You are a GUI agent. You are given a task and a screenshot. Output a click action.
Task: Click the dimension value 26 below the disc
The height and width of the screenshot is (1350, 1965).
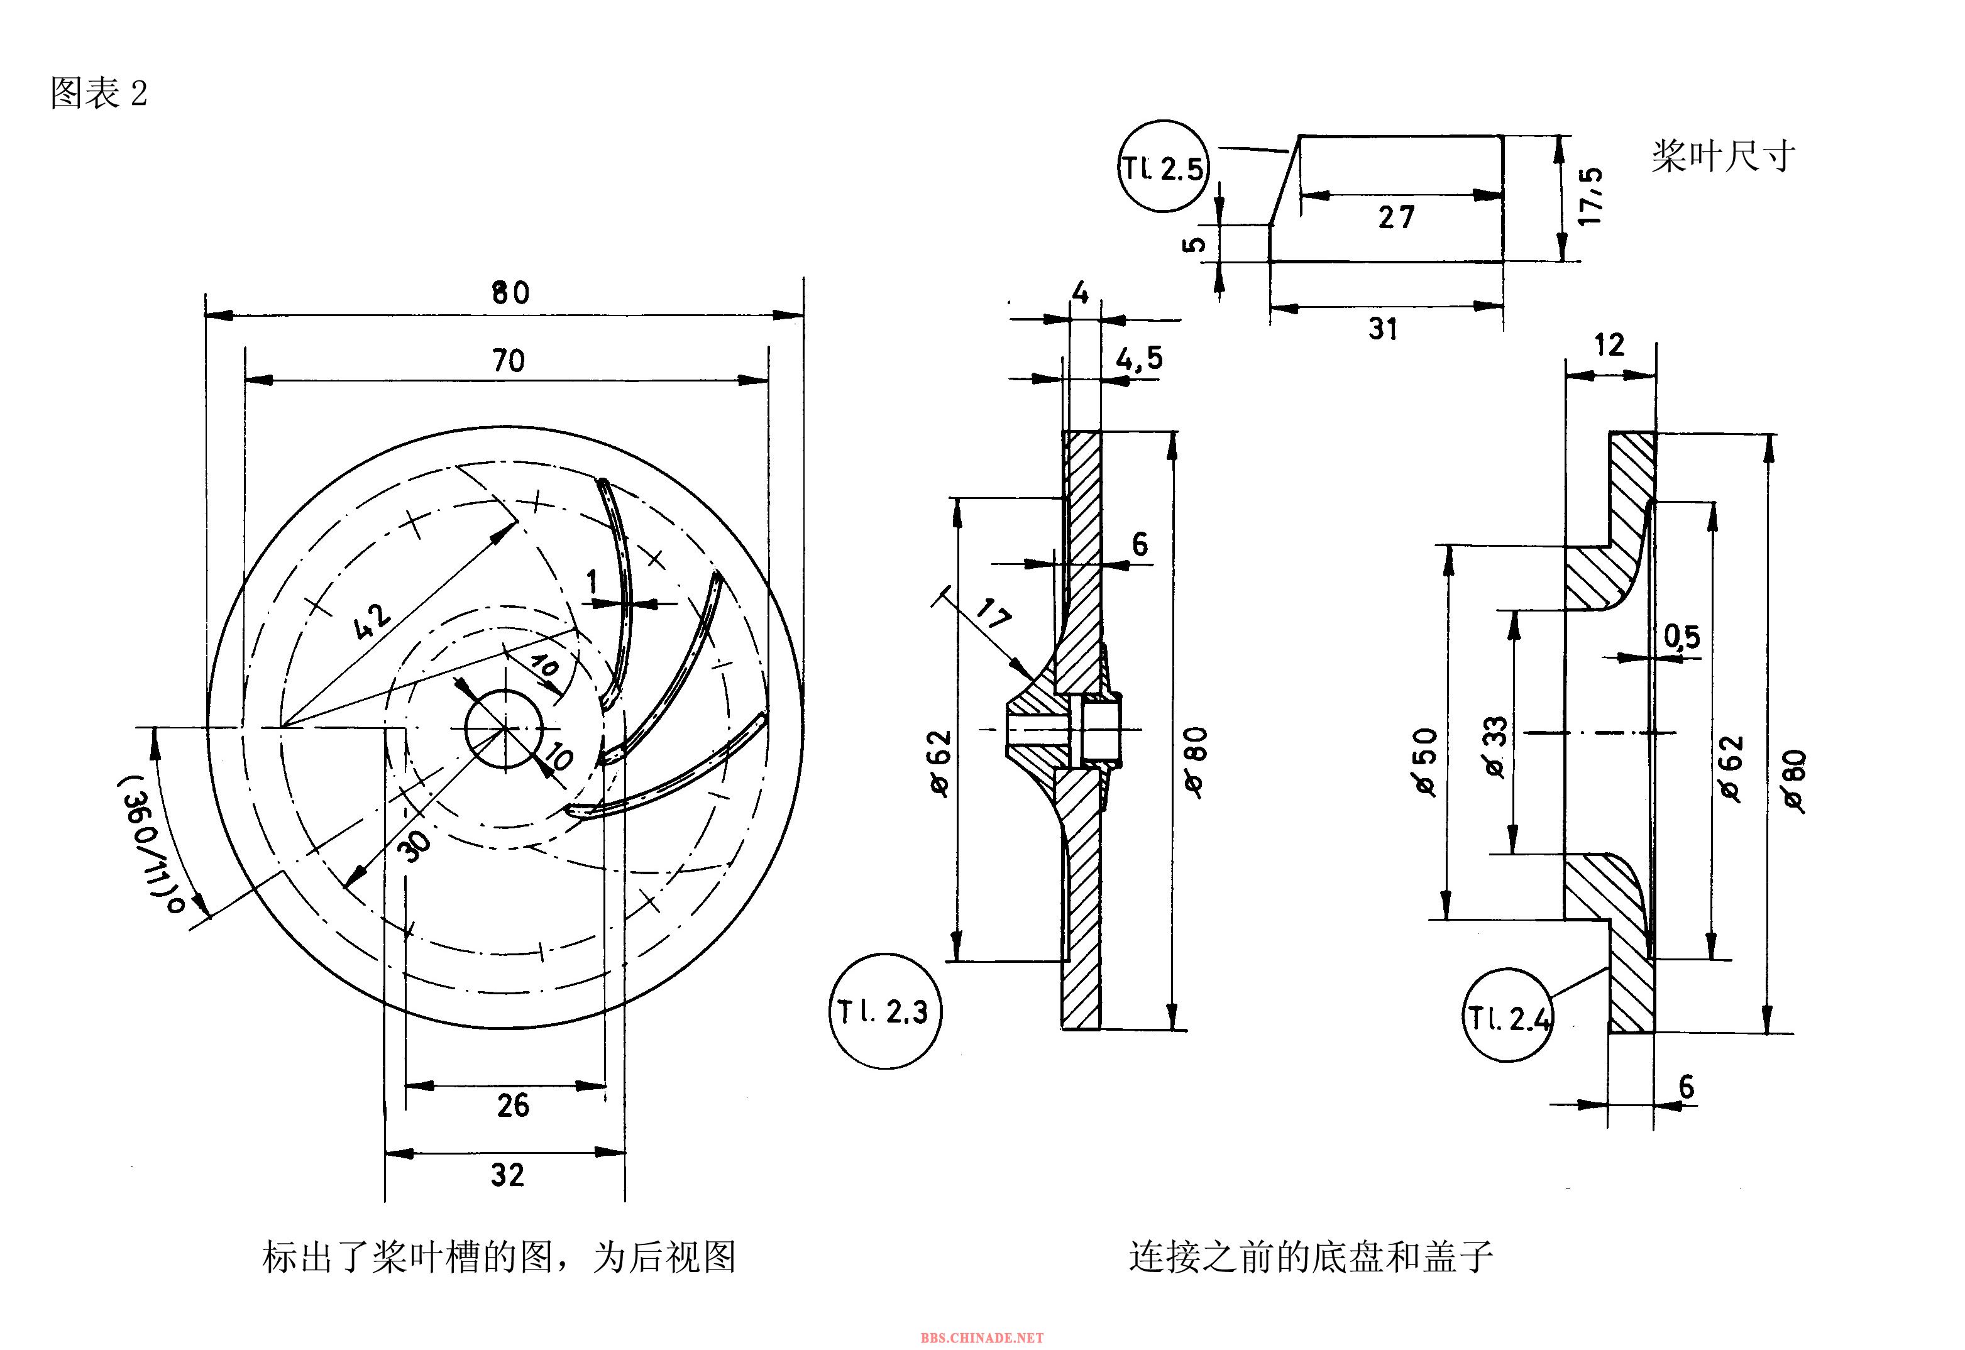(x=512, y=1106)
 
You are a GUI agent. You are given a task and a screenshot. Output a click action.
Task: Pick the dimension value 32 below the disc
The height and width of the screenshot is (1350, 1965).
(x=507, y=1175)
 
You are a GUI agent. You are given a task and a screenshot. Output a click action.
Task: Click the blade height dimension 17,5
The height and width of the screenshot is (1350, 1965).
(x=1591, y=195)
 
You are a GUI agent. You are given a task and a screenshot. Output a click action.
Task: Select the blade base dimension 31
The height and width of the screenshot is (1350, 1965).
(x=1383, y=328)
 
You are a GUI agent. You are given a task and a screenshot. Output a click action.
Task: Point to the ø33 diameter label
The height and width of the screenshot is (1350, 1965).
(x=1495, y=747)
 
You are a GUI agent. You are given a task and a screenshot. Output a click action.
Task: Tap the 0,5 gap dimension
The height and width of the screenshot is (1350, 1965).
(x=1682, y=636)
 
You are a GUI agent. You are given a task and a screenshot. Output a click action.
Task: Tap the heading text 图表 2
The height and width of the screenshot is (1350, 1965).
(x=99, y=93)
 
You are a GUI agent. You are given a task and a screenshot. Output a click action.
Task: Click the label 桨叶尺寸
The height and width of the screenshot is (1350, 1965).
(x=1722, y=156)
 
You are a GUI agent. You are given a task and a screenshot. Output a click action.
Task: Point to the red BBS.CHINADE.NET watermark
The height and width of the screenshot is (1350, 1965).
(x=981, y=1337)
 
